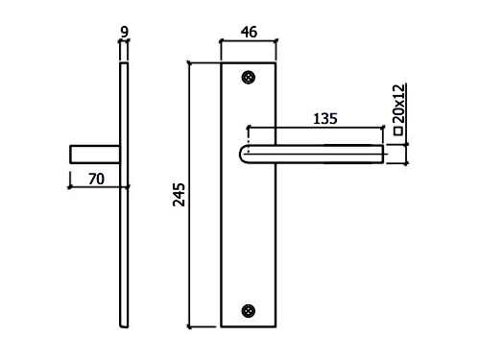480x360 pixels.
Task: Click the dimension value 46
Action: coord(249,32)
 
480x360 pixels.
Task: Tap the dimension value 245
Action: coord(179,195)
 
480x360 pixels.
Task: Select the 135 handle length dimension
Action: coord(325,119)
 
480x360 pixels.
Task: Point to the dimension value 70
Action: coord(96,179)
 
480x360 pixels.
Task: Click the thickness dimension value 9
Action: coord(124,32)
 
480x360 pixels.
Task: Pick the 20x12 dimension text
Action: coord(398,104)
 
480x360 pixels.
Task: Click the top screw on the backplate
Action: coord(249,78)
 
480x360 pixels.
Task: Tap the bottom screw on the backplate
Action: coord(249,311)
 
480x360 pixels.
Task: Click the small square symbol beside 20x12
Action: coord(398,131)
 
